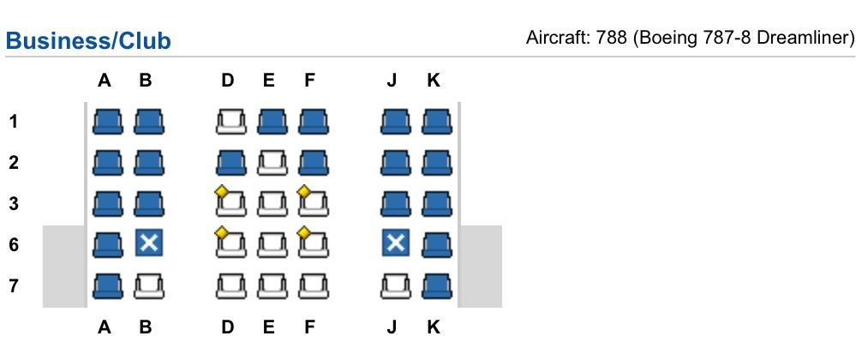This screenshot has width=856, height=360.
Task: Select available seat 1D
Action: pos(231,121)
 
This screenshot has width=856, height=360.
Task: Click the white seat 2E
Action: pos(272,162)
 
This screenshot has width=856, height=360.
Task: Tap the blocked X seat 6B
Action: pos(149,243)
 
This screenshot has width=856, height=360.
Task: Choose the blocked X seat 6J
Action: pos(396,243)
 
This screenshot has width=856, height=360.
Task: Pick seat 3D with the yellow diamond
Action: pos(231,202)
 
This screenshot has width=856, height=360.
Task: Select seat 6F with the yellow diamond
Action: pos(314,243)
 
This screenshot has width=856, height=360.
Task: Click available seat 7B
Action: pos(149,285)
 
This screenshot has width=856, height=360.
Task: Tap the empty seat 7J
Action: pos(396,285)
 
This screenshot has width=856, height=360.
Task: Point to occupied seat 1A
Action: pos(108,121)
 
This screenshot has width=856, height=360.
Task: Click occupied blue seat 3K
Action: pos(437,203)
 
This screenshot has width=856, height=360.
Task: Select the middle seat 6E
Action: pos(272,244)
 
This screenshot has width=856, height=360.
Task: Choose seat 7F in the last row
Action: pos(314,285)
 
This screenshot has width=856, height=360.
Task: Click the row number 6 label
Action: pos(13,244)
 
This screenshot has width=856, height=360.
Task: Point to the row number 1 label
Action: pos(13,121)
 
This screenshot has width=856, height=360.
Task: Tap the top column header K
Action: pos(433,81)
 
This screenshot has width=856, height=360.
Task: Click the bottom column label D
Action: pos(228,327)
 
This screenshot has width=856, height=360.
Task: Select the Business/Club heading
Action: pos(88,41)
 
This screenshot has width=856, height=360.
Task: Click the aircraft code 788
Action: pos(611,39)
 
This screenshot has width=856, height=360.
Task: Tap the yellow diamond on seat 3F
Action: pos(303,192)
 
